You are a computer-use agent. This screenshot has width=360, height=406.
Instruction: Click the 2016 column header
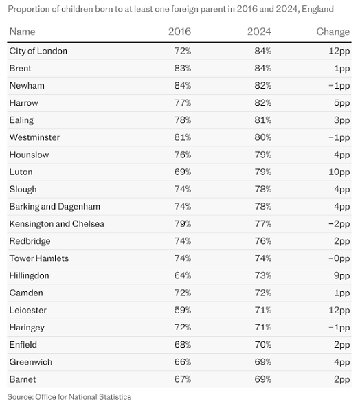pyautogui.click(x=179, y=32)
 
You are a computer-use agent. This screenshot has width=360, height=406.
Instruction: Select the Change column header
pyautogui.click(x=333, y=32)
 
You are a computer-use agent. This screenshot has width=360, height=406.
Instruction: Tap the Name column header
pyautogui.click(x=22, y=32)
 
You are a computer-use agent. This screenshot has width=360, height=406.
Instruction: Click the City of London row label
pyautogui.click(x=38, y=51)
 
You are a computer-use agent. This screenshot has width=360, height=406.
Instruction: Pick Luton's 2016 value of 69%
pyautogui.click(x=183, y=172)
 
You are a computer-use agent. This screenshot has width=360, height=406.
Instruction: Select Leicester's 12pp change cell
pyautogui.click(x=339, y=311)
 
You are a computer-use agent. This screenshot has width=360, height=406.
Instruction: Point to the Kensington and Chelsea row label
pyautogui.click(x=57, y=224)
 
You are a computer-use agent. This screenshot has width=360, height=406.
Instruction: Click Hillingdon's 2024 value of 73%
pyautogui.click(x=263, y=275)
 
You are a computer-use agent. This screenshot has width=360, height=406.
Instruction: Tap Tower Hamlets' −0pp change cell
pyautogui.click(x=339, y=259)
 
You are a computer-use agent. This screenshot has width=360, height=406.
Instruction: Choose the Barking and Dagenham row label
pyautogui.click(x=55, y=207)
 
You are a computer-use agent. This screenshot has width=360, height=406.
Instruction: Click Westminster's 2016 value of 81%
pyautogui.click(x=183, y=137)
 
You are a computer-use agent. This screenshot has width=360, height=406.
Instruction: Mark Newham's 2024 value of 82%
pyautogui.click(x=263, y=85)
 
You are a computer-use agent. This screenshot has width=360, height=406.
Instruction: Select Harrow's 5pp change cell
pyautogui.click(x=342, y=103)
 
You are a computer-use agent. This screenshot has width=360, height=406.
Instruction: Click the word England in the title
pyautogui.click(x=317, y=10)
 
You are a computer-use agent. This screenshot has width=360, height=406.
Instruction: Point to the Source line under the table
pyautogui.click(x=69, y=397)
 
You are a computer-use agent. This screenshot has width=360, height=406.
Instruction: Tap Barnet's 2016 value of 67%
pyautogui.click(x=183, y=379)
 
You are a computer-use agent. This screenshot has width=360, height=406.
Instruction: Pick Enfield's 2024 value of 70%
pyautogui.click(x=263, y=345)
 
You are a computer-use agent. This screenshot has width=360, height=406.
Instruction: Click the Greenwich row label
pyautogui.click(x=31, y=362)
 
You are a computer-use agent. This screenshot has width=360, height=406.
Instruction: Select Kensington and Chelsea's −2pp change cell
pyautogui.click(x=339, y=224)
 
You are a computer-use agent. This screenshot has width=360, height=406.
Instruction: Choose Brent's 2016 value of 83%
pyautogui.click(x=183, y=69)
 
